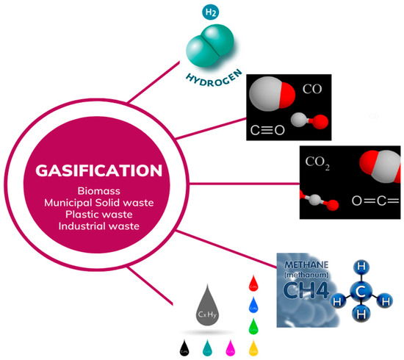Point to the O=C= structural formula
pos(375,199)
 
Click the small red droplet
pos(252,282)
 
